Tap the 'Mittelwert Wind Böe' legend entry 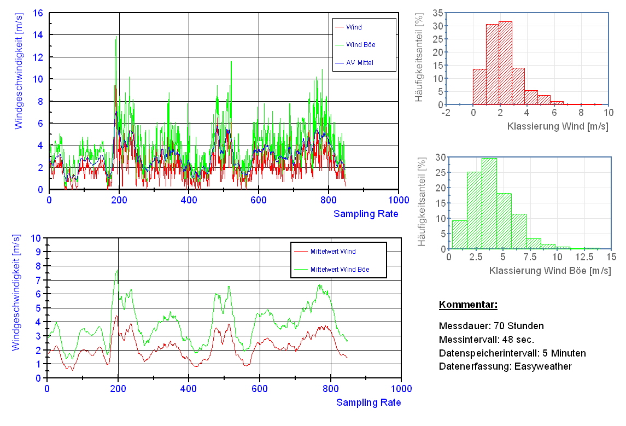tap(339, 270)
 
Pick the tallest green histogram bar tap(489, 203)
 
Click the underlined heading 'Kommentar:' tap(468, 305)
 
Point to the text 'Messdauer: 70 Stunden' tap(492, 326)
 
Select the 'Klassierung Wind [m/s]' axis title tap(558, 126)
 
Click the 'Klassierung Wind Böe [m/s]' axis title tap(549, 271)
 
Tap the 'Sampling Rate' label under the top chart tap(366, 214)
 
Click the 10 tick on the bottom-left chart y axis tap(37, 238)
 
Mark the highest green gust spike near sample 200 tap(116, 37)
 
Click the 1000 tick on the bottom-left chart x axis tap(401, 389)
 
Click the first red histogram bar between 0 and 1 tap(479, 87)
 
